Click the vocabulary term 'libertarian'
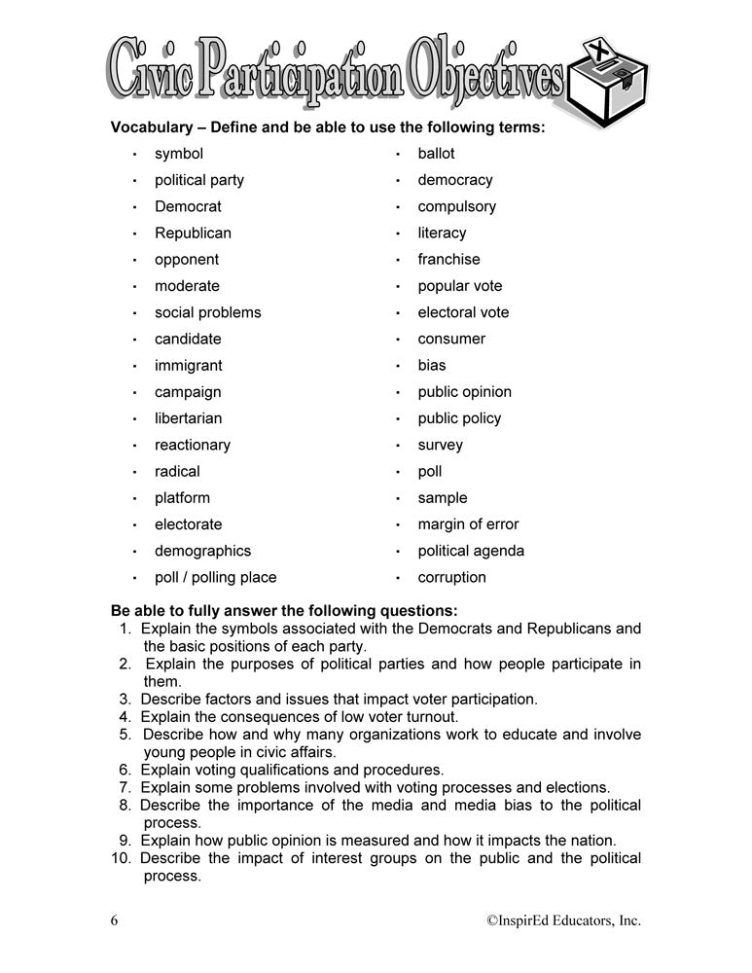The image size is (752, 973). tap(188, 418)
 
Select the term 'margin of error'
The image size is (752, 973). tap(468, 524)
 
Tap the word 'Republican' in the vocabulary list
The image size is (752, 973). tap(193, 234)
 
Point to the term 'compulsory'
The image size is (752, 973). tap(456, 206)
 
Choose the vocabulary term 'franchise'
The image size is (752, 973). tap(448, 260)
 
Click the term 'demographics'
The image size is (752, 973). tap(202, 551)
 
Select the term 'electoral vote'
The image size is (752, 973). tap(463, 312)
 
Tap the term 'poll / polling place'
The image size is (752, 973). tap(215, 577)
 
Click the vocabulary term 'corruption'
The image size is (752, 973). tap(451, 577)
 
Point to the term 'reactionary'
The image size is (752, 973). tap(193, 445)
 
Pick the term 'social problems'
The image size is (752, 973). tap(207, 312)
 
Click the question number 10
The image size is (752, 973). tap(122, 858)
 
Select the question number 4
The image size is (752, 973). tap(125, 717)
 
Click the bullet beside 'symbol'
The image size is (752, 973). tap(134, 155)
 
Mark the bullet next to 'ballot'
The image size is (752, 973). tap(398, 155)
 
